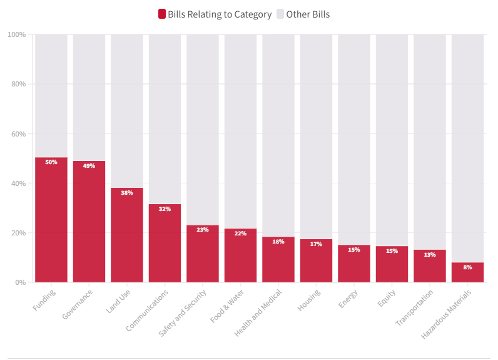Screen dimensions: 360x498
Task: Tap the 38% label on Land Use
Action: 127,193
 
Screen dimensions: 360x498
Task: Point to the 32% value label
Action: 165,209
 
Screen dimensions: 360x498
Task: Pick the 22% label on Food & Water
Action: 240,234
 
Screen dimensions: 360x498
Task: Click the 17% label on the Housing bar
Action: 316,244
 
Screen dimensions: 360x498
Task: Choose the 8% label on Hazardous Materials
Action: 467,267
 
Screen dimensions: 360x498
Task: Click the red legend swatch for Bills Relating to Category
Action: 162,14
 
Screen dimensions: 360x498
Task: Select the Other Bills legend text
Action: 308,14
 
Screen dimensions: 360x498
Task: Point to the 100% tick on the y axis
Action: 17,34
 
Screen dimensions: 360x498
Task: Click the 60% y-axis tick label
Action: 18,134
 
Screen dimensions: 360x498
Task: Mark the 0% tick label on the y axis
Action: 21,282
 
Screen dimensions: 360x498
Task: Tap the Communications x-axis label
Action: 148,309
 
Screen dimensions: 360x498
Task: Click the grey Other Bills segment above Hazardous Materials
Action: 467,144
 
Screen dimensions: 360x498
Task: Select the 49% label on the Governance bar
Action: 89,166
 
